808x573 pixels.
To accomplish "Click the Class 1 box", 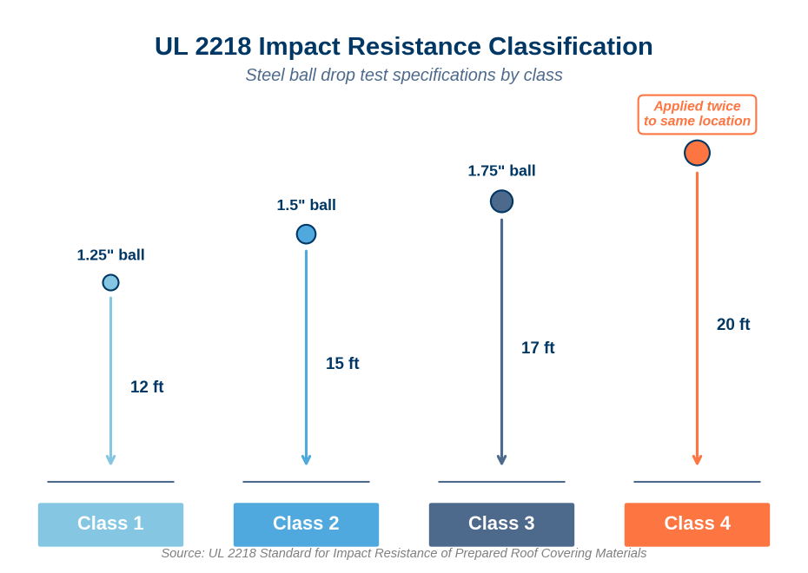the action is click(111, 524).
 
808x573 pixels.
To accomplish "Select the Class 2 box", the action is click(306, 524).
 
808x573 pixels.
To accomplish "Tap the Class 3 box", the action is click(501, 524).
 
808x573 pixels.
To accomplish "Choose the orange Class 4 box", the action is click(697, 524).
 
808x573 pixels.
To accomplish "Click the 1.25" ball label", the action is click(111, 255).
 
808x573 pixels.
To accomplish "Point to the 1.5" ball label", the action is click(306, 205).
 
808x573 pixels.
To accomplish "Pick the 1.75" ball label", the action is click(501, 170).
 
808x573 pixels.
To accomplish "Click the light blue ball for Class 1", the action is click(111, 283).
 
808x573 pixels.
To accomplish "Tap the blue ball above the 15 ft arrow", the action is click(306, 234).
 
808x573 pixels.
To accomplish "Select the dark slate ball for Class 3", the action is click(501, 201).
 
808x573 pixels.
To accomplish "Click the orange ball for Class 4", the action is click(697, 153).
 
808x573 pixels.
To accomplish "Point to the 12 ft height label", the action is click(147, 386).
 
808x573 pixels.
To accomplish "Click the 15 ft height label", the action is click(342, 364).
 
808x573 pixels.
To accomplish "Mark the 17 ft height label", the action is click(538, 348).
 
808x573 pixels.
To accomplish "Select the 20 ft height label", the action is click(733, 325).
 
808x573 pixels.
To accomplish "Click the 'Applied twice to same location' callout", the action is click(697, 115).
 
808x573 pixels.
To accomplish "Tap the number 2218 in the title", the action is click(223, 46).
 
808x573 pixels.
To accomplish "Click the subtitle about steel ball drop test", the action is click(404, 76).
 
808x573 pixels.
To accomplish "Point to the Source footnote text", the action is click(404, 553).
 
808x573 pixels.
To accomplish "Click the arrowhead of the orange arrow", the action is click(697, 460).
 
